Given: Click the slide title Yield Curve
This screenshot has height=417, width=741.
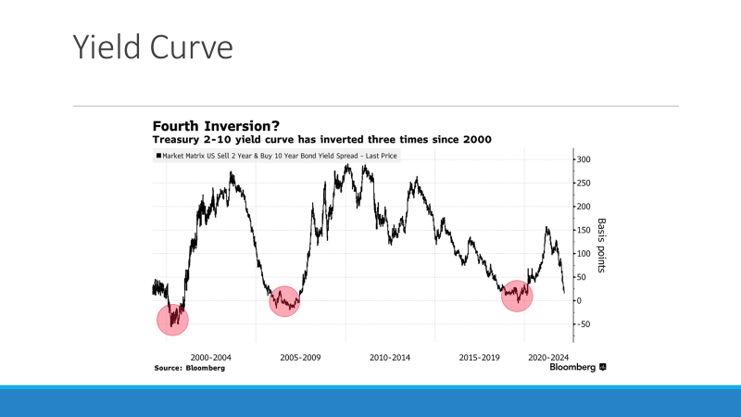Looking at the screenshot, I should pyautogui.click(x=152, y=47).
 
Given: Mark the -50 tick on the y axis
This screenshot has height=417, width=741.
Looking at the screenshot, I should pyautogui.click(x=584, y=324).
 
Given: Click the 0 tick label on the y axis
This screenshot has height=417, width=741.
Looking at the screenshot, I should pyautogui.click(x=580, y=300).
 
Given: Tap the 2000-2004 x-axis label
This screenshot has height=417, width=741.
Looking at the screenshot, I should pyautogui.click(x=211, y=356).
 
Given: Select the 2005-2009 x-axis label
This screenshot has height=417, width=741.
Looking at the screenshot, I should pyautogui.click(x=300, y=356).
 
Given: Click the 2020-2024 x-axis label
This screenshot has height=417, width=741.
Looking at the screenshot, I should pyautogui.click(x=547, y=356).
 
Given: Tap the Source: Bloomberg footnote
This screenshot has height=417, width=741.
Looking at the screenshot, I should pyautogui.click(x=189, y=368).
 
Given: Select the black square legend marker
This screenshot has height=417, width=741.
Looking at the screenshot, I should pyautogui.click(x=159, y=157).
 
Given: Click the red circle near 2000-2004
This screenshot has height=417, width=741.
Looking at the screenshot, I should pyautogui.click(x=172, y=320).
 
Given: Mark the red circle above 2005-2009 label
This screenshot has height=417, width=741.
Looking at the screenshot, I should pyautogui.click(x=285, y=301).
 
